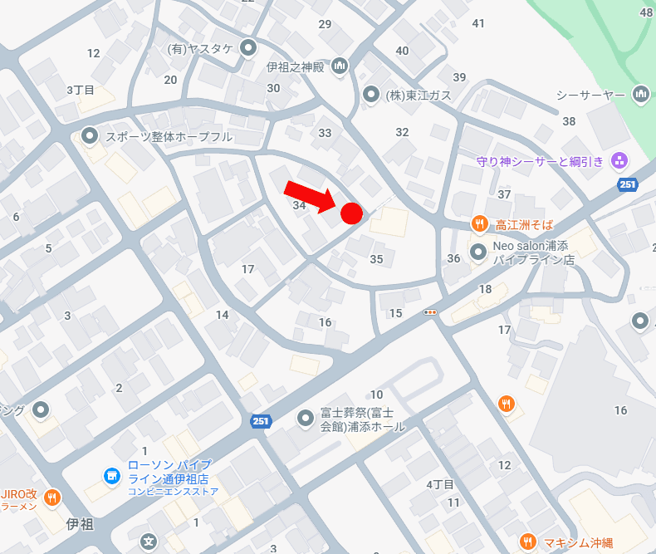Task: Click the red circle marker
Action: coord(351,213)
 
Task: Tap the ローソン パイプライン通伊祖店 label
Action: coord(169,472)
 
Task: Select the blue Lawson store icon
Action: coord(110,475)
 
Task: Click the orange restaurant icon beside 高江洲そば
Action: coord(479,223)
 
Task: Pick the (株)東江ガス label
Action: coord(419,95)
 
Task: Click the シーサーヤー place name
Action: coord(590,96)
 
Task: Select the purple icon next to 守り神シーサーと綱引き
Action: coord(618,160)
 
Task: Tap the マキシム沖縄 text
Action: coord(578,542)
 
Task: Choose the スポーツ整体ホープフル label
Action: coord(169,136)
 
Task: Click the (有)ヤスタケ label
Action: coord(199,49)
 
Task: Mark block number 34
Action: coord(300,204)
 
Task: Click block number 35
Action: coord(376,259)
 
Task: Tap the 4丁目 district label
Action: coord(440,484)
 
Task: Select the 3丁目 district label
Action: coord(81,89)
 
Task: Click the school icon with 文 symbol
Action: coord(149,542)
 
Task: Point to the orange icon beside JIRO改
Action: coord(52,497)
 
